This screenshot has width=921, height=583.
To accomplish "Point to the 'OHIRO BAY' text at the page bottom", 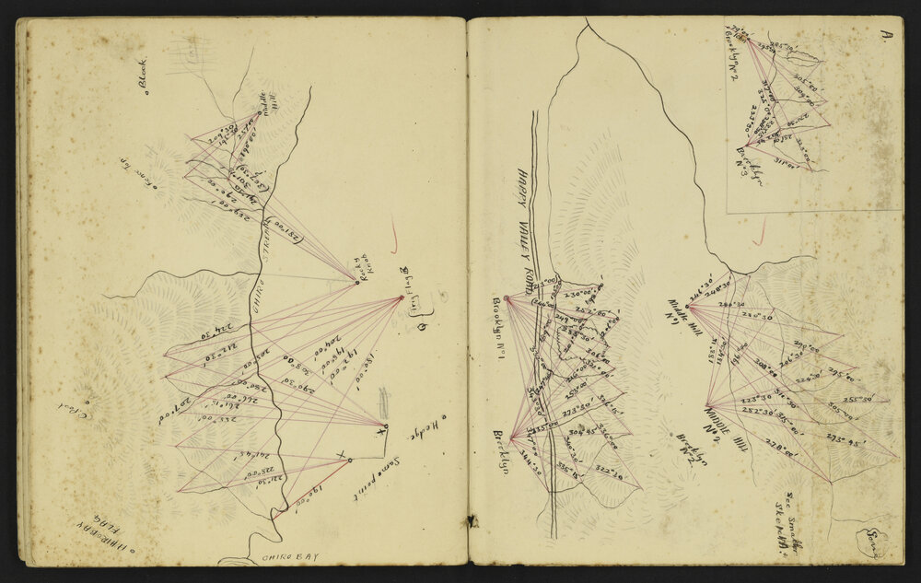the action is [x=289, y=556].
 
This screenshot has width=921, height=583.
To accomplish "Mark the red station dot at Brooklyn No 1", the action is [x=506, y=297].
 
